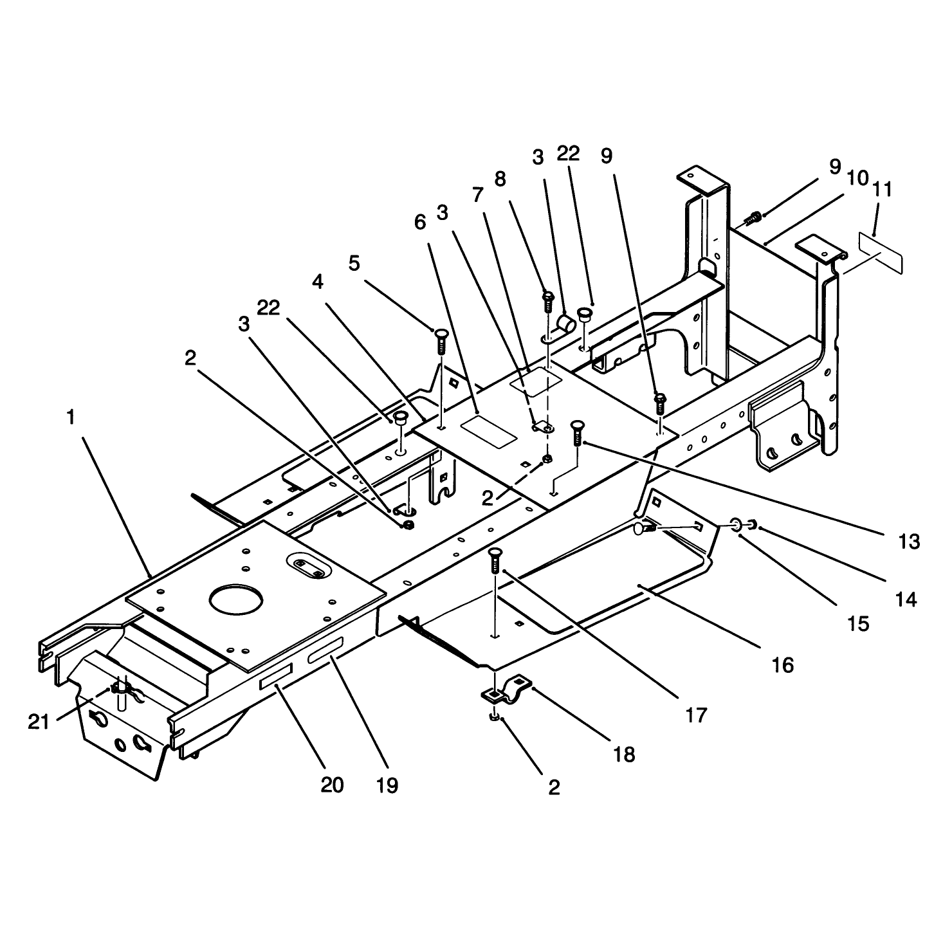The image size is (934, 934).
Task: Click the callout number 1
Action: pyautogui.click(x=71, y=417)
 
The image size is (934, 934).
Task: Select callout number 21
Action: pyautogui.click(x=39, y=722)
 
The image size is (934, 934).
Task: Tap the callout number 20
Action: pyautogui.click(x=332, y=785)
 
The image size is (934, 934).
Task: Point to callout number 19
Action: pyautogui.click(x=387, y=785)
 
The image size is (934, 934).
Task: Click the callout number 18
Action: pyautogui.click(x=624, y=755)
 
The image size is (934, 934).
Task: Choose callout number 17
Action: pyautogui.click(x=696, y=715)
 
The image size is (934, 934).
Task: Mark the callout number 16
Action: pyautogui.click(x=783, y=666)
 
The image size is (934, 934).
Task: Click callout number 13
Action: pyautogui.click(x=909, y=542)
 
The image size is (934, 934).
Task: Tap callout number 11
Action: pyautogui.click(x=882, y=190)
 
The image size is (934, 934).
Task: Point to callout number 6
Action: pyautogui.click(x=420, y=222)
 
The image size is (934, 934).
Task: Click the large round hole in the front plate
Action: pyautogui.click(x=236, y=600)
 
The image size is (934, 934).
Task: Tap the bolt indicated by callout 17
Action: pyautogui.click(x=495, y=562)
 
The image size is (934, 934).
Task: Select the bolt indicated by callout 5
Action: pyautogui.click(x=441, y=341)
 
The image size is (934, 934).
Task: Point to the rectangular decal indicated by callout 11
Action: pyautogui.click(x=881, y=253)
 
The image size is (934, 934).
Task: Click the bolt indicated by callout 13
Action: pyautogui.click(x=578, y=433)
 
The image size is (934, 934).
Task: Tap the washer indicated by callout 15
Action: pyautogui.click(x=735, y=524)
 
